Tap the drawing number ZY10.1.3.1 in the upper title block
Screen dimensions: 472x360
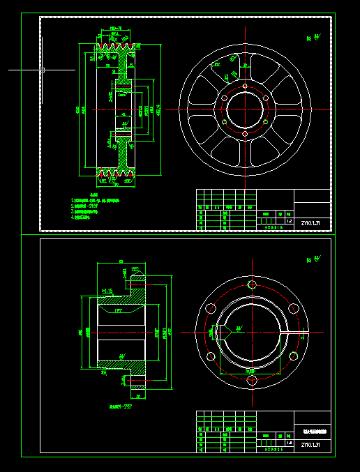311,224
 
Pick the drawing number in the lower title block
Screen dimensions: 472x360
311,444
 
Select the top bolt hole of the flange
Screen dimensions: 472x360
251,284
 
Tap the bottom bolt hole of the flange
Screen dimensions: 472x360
251,381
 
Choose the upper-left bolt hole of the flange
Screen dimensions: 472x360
210,308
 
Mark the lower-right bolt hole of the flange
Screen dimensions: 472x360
293,357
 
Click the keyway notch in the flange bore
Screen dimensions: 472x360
220,333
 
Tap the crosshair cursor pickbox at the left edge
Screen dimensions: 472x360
43,70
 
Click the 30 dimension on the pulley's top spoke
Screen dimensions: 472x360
245,65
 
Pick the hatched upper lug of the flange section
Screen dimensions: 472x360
138,280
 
